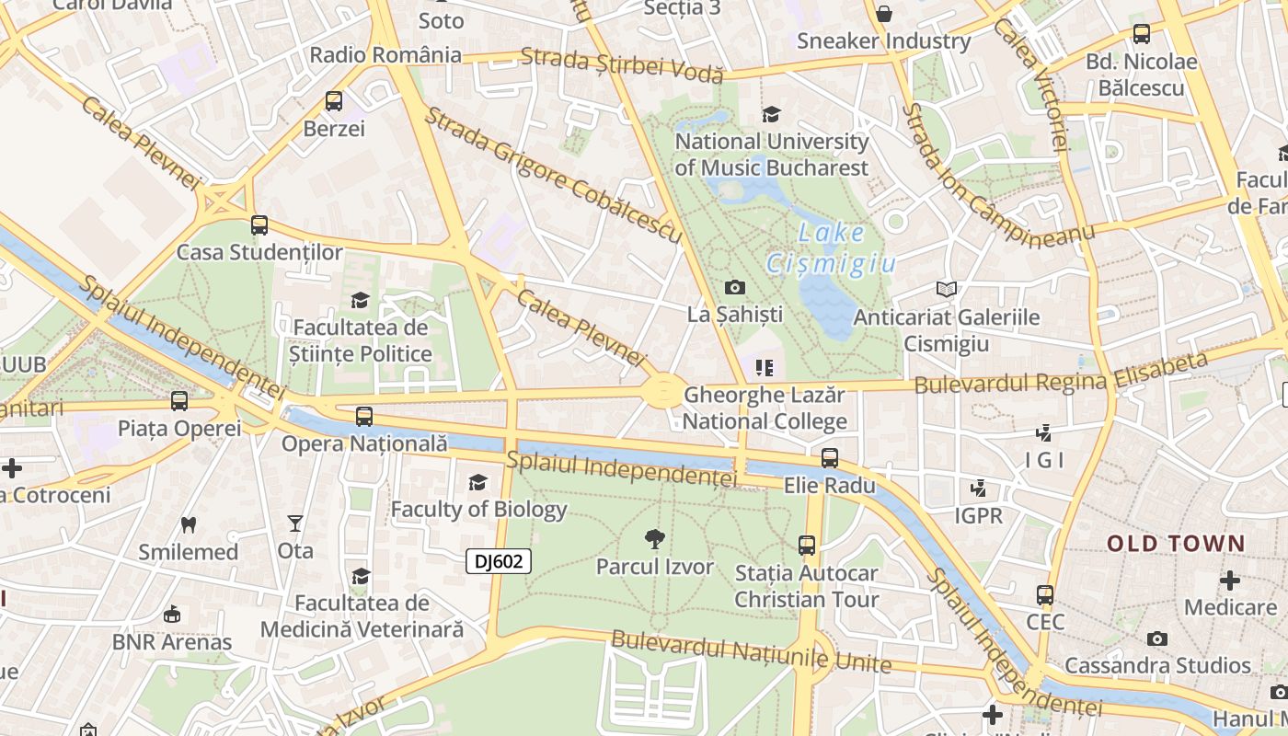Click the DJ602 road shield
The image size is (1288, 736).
click(x=499, y=561)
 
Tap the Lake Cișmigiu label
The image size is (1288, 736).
click(x=832, y=248)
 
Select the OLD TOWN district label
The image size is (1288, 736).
click(x=1175, y=544)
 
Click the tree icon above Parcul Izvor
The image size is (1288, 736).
click(x=654, y=538)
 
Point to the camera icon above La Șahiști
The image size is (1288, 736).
click(x=734, y=287)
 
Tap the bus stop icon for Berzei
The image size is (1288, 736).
click(x=334, y=101)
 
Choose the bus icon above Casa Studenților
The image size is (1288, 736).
click(x=259, y=224)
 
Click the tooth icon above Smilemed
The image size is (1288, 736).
click(x=189, y=524)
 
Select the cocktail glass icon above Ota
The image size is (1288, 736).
click(x=295, y=523)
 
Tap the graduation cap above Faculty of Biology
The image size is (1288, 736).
click(x=477, y=482)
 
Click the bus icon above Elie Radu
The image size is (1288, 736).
click(x=829, y=457)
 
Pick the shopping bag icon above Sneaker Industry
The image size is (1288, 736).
click(x=883, y=14)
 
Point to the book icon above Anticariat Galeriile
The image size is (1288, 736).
click(x=946, y=290)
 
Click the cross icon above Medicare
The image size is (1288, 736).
click(x=1229, y=581)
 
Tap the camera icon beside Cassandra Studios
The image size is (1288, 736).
click(x=1157, y=638)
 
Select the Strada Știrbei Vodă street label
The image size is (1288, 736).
click(x=622, y=64)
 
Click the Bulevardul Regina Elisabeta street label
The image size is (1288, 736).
click(x=1060, y=373)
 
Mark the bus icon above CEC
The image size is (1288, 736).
click(x=1044, y=594)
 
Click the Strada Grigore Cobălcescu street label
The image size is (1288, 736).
click(x=553, y=175)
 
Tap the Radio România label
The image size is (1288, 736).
click(x=385, y=54)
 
